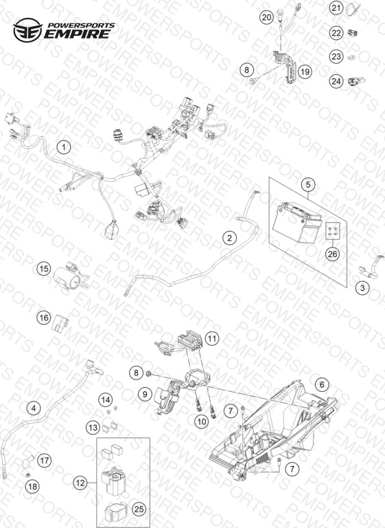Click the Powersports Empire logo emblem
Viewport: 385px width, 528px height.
pyautogui.click(x=27, y=30)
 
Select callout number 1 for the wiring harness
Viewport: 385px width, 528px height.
pyautogui.click(x=64, y=147)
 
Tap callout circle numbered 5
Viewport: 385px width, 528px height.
pyautogui.click(x=308, y=184)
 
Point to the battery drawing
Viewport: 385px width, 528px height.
pyautogui.click(x=296, y=222)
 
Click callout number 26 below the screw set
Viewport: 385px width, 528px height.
pyautogui.click(x=332, y=254)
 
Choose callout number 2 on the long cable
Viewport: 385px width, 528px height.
pyautogui.click(x=230, y=238)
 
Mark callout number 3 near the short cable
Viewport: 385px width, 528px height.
pyautogui.click(x=362, y=288)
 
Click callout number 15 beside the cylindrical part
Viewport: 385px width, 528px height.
pyautogui.click(x=43, y=269)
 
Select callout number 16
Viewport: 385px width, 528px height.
pyautogui.click(x=43, y=318)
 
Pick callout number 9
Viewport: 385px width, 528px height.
pyautogui.click(x=145, y=394)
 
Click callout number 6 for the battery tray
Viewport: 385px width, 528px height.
pyautogui.click(x=322, y=384)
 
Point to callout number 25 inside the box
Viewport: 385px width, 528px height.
pyautogui.click(x=139, y=509)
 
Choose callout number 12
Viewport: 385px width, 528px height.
pyautogui.click(x=80, y=483)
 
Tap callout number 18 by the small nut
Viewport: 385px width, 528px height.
pyautogui.click(x=33, y=486)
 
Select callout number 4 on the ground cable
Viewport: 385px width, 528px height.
pyautogui.click(x=34, y=408)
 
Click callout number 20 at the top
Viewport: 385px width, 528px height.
pyautogui.click(x=266, y=17)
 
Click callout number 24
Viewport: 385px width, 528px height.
pyautogui.click(x=336, y=81)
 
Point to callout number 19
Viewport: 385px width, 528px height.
pyautogui.click(x=305, y=71)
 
